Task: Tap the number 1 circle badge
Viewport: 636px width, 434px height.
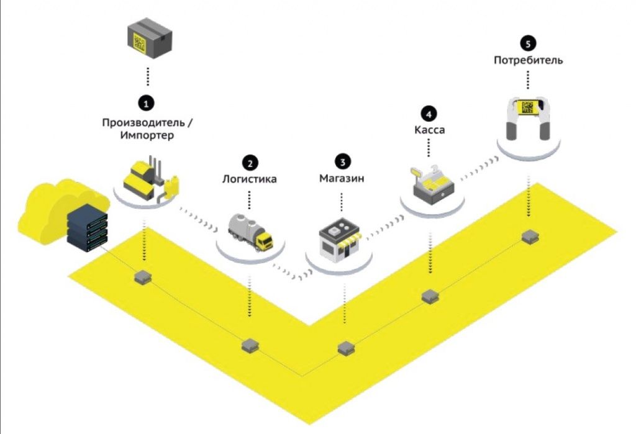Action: [147, 101]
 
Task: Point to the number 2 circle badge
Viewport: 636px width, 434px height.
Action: [250, 163]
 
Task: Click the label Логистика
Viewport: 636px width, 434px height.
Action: [250, 180]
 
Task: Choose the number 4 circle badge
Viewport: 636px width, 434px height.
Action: [429, 114]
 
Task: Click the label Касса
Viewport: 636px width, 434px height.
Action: [429, 130]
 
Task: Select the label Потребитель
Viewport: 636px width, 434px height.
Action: [528, 61]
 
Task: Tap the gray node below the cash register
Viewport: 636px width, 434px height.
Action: [430, 296]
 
